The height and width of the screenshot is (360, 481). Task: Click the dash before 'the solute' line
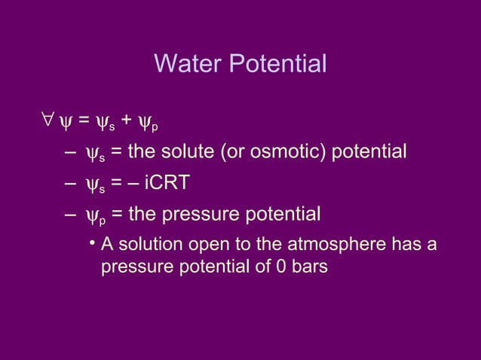[70, 153]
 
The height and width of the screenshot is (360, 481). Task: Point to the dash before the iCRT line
[70, 185]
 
